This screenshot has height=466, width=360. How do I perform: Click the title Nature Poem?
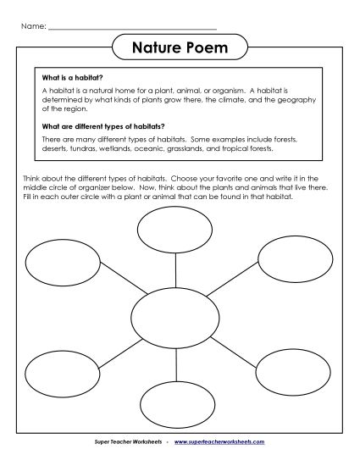(180, 48)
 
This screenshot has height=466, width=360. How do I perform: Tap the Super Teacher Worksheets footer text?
(124, 442)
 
